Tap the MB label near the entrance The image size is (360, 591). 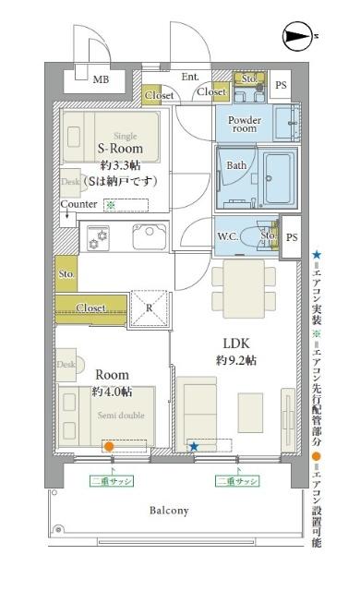[x=100, y=80]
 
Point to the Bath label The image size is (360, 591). [x=236, y=166]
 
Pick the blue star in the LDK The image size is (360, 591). [x=194, y=447]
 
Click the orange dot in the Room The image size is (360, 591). [x=108, y=447]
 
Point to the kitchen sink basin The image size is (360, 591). [x=149, y=238]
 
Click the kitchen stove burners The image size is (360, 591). [x=97, y=239]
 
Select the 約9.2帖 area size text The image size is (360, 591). [x=237, y=360]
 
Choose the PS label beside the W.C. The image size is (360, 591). [x=292, y=238]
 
